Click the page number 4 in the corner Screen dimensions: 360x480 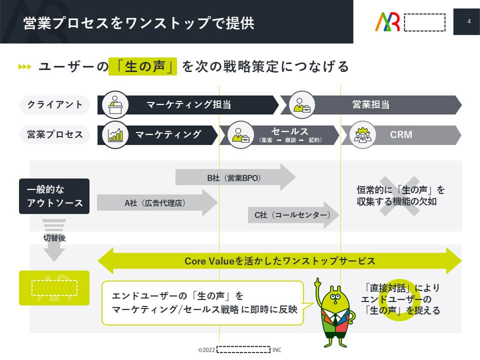[x=468, y=21]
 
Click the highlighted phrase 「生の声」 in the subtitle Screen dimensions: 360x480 [x=143, y=66]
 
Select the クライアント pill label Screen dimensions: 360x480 [x=55, y=105]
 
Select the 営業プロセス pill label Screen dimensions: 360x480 [x=55, y=134]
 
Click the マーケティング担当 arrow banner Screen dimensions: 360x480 [x=188, y=105]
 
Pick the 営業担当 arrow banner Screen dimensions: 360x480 [x=370, y=105]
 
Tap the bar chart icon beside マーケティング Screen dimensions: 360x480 [x=115, y=134]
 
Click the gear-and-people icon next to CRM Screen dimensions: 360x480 [x=361, y=134]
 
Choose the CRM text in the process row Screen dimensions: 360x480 [x=401, y=134]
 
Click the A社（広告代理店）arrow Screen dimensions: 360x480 [x=155, y=202]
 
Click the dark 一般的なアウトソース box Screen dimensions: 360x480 [x=54, y=196]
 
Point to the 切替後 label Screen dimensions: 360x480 [x=54, y=238]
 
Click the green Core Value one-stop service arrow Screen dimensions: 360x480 [x=279, y=261]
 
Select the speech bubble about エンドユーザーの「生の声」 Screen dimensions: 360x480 [x=202, y=302]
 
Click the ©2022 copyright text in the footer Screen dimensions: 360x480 [x=207, y=350]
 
